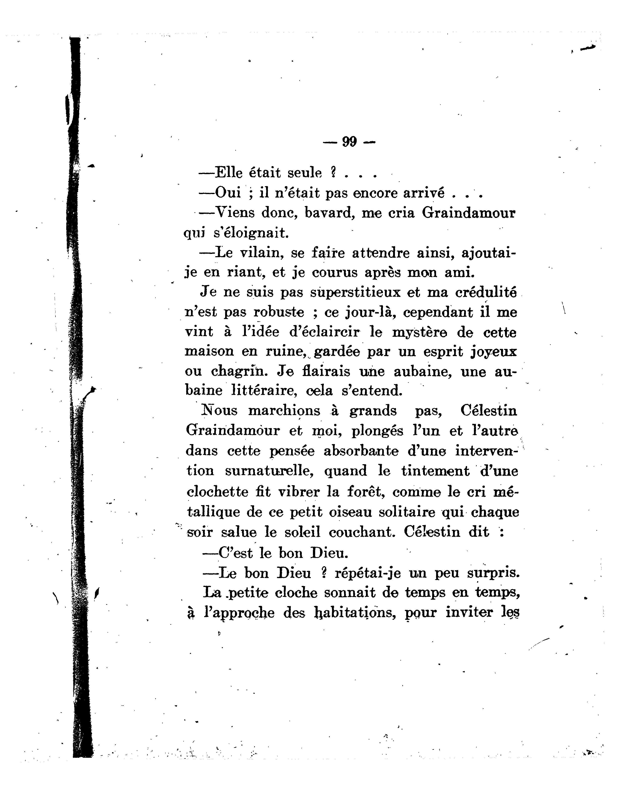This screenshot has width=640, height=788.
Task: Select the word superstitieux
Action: click(x=355, y=292)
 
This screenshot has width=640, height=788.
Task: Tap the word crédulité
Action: click(x=486, y=292)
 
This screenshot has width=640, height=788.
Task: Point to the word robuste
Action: click(x=279, y=312)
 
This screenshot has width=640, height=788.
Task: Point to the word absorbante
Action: click(x=361, y=451)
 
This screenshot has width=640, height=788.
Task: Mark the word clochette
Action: click(x=218, y=492)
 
